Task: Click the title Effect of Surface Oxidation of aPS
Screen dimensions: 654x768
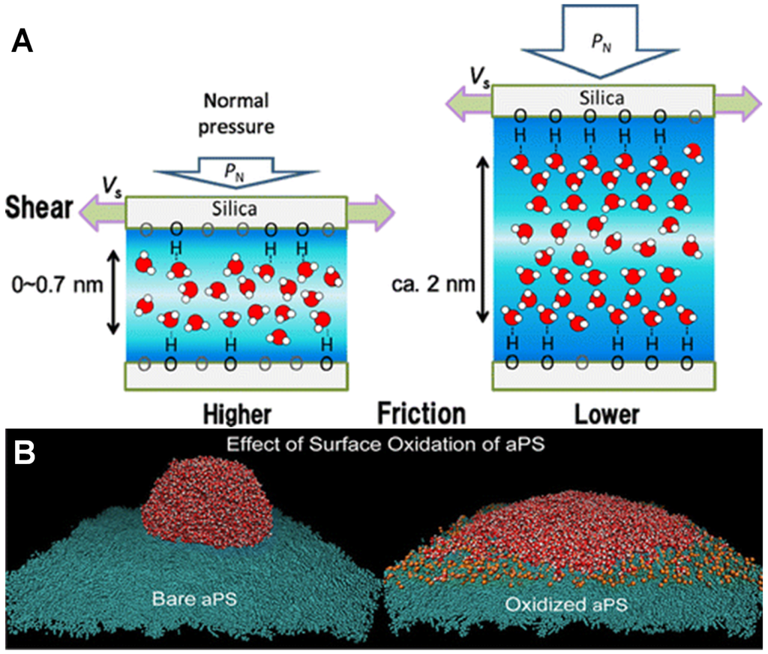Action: [x=384, y=444]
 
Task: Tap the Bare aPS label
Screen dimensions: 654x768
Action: [x=182, y=598]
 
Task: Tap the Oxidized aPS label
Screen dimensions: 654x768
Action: [x=566, y=603]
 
